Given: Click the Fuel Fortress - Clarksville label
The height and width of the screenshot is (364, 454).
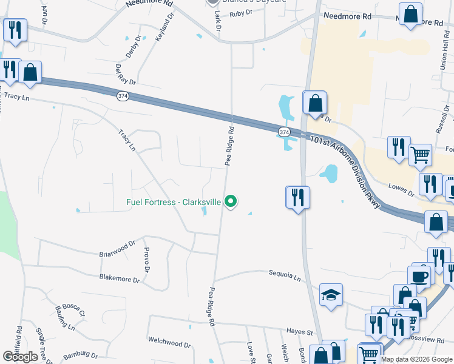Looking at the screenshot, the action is pos(174,202).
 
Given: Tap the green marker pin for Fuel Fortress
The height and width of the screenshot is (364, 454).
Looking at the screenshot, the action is pos(231,201).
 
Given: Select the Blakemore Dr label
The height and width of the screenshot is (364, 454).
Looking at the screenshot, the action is pos(120,280).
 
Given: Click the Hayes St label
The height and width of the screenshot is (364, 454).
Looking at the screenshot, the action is pos(300,332).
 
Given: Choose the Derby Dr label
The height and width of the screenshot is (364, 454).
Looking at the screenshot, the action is pos(133,47).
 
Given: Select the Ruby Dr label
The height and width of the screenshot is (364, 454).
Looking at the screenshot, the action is pos(241,12).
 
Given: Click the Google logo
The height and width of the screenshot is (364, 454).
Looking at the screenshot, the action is pos(20,357).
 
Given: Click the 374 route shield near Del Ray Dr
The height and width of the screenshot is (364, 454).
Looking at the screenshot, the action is pos(123,96).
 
